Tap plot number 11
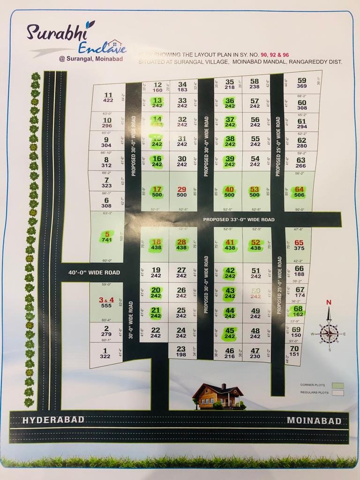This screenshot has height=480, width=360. click(108, 97)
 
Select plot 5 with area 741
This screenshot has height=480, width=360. click(107, 237)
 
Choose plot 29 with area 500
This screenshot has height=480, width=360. click(182, 192)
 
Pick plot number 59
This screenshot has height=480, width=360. click(302, 83)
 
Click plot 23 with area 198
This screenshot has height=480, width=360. click(181, 351)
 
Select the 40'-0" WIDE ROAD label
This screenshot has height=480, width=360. click(94, 272)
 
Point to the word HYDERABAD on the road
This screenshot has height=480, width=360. click(53, 420)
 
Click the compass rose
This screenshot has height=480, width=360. click(329, 333)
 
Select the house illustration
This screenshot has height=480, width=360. click(218, 396)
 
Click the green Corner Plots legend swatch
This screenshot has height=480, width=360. click(337, 386)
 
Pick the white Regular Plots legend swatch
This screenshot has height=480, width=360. click(337, 393)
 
